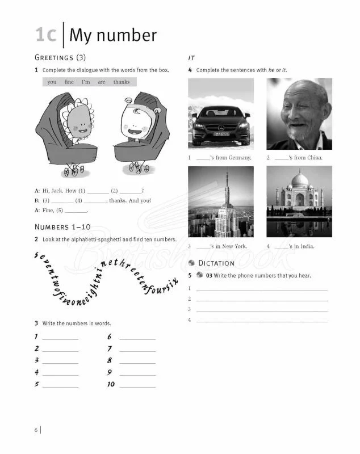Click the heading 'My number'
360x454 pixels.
[x=112, y=35]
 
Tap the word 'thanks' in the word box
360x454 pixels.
[x=121, y=82]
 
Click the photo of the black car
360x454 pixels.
[x=220, y=114]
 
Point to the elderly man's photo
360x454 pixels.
[x=299, y=114]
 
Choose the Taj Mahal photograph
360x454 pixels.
[x=299, y=201]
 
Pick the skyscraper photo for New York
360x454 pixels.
[x=220, y=201]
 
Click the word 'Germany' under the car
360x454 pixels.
[x=240, y=158]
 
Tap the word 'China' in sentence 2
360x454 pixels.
[x=313, y=158]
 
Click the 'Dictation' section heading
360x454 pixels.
[x=216, y=263]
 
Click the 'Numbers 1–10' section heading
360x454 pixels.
[x=62, y=228]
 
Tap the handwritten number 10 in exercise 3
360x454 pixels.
[x=111, y=384]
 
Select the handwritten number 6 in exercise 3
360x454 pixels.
[x=110, y=337]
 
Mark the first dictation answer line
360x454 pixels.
[x=262, y=289]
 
